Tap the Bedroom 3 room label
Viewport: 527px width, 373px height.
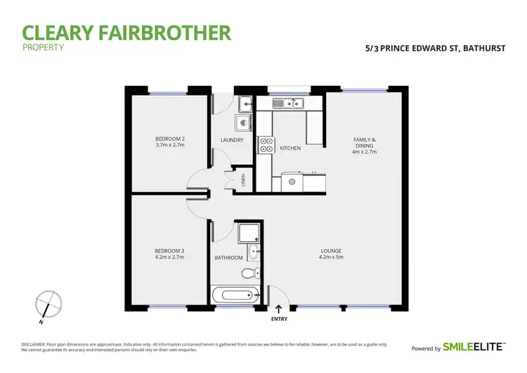tap(169, 253)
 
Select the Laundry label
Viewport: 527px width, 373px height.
tap(232, 140)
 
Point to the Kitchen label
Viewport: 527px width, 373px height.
tap(290, 148)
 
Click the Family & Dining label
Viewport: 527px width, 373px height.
tap(364, 145)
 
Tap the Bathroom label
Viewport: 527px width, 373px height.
tap(228, 258)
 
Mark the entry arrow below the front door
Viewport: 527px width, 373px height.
tap(279, 308)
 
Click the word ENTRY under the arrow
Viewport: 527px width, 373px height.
tap(279, 319)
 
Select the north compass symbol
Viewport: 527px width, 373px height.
tap(45, 306)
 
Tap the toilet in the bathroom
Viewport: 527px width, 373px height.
tap(255, 274)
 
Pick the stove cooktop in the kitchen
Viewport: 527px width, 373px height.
tap(266, 144)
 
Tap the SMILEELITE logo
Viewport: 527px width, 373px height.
tap(474, 348)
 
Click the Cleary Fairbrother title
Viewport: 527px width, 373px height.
tap(126, 32)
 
